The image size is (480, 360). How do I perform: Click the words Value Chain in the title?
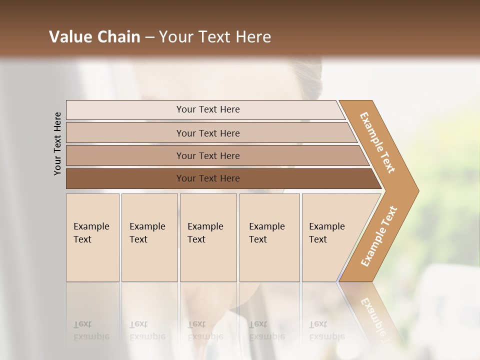click(x=94, y=37)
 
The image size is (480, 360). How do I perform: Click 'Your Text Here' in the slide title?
click(x=215, y=37)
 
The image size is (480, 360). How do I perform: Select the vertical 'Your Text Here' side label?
click(x=57, y=143)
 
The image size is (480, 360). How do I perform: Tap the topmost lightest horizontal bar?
click(x=207, y=109)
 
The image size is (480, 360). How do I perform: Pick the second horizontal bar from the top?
click(x=207, y=133)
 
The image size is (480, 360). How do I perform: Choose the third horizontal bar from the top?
click(x=207, y=155)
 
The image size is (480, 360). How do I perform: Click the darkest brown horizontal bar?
click(x=207, y=178)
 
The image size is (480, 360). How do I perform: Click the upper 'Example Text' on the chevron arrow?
click(x=377, y=142)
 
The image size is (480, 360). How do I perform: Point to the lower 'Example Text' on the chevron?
click(x=378, y=236)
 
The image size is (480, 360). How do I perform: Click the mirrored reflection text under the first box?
click(x=91, y=330)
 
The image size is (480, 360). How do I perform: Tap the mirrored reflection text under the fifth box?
click(x=326, y=330)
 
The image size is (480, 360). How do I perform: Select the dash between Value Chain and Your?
click(x=149, y=37)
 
